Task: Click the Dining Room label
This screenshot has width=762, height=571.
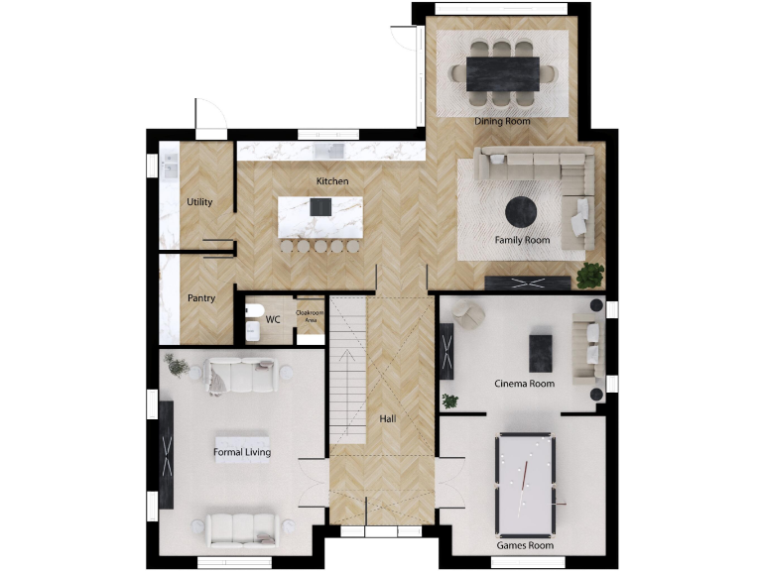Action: [502, 121]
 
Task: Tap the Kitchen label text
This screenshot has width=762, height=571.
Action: [332, 181]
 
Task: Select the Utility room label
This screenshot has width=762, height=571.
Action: [199, 202]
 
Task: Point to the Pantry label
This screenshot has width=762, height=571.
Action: [201, 297]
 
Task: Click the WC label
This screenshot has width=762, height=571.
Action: [273, 319]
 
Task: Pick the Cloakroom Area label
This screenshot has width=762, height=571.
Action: [311, 315]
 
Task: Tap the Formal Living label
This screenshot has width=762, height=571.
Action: [242, 452]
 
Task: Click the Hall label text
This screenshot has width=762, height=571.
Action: [388, 418]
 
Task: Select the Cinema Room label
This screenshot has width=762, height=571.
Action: [525, 383]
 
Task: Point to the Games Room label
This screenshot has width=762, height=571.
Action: [526, 545]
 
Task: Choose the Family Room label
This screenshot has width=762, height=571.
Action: [522, 240]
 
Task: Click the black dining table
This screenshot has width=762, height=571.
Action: [503, 72]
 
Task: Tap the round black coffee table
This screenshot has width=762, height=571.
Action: [522, 212]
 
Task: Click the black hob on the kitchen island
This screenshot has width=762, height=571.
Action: [320, 207]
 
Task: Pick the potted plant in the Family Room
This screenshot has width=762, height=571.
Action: [590, 274]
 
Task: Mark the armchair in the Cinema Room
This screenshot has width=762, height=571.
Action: [468, 315]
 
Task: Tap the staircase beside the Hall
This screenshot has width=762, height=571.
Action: [349, 367]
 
